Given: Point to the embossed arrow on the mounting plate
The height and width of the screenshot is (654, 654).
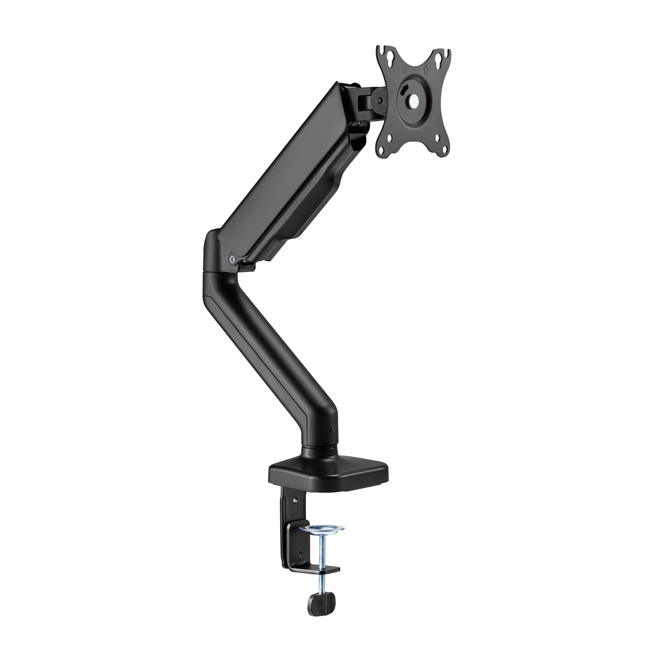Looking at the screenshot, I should point(426,71).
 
